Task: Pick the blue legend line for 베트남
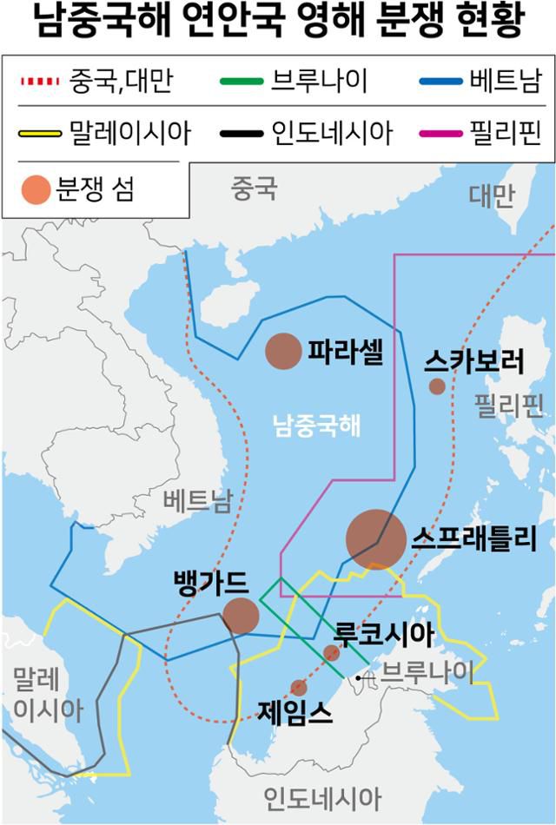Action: (439, 82)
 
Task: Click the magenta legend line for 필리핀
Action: (439, 133)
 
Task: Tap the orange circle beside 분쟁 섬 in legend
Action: (36, 189)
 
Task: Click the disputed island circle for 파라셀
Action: (281, 352)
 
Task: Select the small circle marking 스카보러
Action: (437, 386)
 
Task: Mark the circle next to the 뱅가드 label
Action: (241, 615)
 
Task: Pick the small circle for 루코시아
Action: (331, 653)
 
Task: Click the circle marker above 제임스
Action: (299, 688)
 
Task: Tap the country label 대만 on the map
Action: (491, 195)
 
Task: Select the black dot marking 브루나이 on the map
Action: (358, 676)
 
